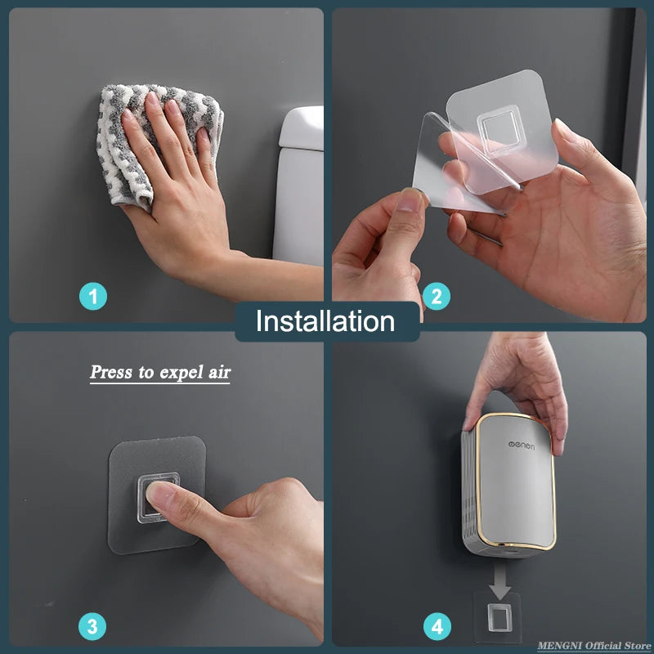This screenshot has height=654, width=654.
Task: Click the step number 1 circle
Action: tap(93, 296)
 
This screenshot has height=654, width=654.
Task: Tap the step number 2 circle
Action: tap(436, 296)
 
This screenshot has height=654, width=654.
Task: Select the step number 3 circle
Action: tap(92, 627)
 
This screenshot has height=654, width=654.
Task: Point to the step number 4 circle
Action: tap(437, 627)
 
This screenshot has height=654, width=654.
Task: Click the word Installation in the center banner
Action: tap(325, 321)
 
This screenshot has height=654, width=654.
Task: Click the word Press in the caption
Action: tap(110, 372)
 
